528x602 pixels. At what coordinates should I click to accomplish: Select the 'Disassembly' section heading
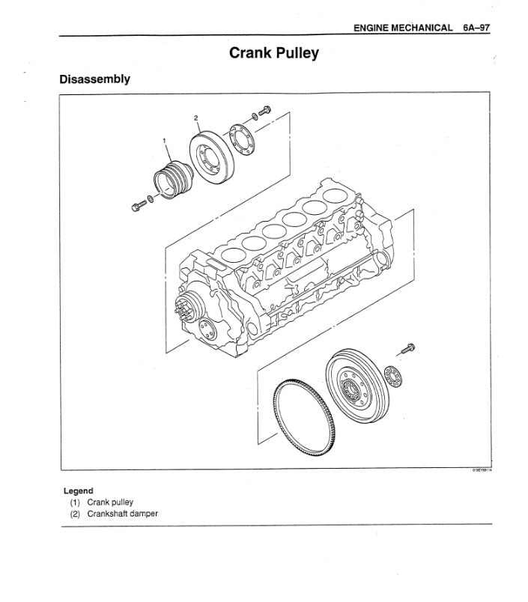tap(95, 79)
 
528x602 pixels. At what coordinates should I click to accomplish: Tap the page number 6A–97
tap(475, 28)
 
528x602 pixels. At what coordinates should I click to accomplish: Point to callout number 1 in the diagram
tap(164, 140)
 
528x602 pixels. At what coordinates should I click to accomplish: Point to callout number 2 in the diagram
tap(195, 118)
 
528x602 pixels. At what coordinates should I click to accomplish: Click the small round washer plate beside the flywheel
tap(392, 374)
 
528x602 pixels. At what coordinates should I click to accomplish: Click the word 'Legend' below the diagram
tap(78, 491)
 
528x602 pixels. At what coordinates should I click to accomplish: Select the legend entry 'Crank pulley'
tap(110, 502)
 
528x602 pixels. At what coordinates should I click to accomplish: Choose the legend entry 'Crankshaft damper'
tap(122, 514)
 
